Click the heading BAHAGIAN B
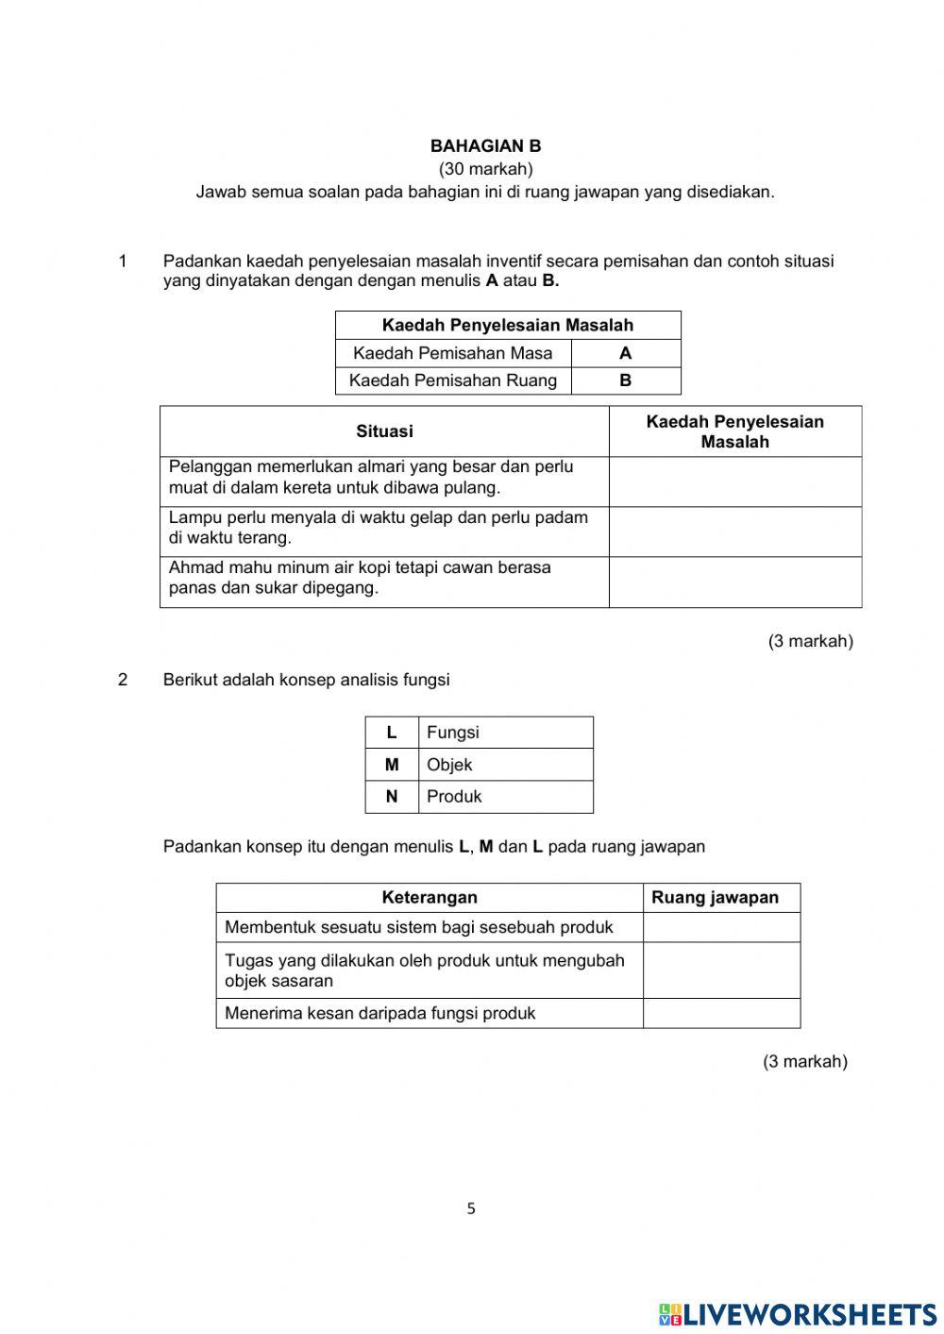[485, 146]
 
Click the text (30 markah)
[485, 169]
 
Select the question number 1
[123, 262]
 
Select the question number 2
[123, 680]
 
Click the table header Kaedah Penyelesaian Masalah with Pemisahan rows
[507, 325]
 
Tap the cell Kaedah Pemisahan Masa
[452, 353]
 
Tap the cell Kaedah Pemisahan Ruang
[452, 380]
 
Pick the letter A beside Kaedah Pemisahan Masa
[625, 353]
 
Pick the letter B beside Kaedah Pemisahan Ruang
[625, 380]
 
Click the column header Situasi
[384, 431]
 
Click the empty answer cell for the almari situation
[734, 481]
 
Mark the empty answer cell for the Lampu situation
[734, 532]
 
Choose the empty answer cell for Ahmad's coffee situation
[734, 582]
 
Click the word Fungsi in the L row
[453, 733]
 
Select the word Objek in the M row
[449, 765]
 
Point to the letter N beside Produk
[392, 797]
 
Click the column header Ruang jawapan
[715, 898]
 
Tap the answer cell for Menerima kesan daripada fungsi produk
[721, 1013]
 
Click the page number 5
[471, 1208]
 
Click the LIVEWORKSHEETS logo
[798, 1313]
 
